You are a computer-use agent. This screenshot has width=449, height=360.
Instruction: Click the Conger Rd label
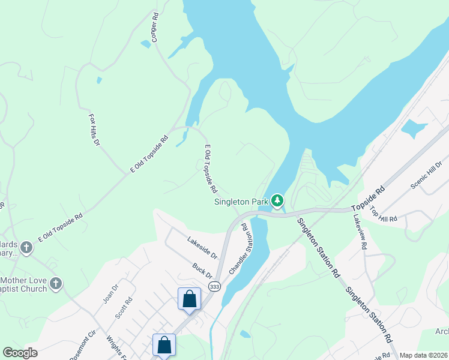[x=154, y=27]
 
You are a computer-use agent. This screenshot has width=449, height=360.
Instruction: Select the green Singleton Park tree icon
[x=277, y=200]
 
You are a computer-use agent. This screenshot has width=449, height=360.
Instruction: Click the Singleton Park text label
[x=241, y=202]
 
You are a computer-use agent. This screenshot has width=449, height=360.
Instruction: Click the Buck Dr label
[x=202, y=270]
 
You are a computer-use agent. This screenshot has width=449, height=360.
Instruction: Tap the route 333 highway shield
[x=214, y=287]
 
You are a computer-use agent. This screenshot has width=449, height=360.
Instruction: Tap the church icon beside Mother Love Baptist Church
[x=56, y=283]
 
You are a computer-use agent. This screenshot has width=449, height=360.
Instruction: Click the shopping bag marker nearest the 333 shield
[x=189, y=299]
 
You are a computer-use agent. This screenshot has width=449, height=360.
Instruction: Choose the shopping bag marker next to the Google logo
[x=164, y=344]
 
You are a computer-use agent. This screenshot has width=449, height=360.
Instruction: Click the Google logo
[x=20, y=353]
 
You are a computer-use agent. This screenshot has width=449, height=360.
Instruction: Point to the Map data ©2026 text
[x=423, y=355]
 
